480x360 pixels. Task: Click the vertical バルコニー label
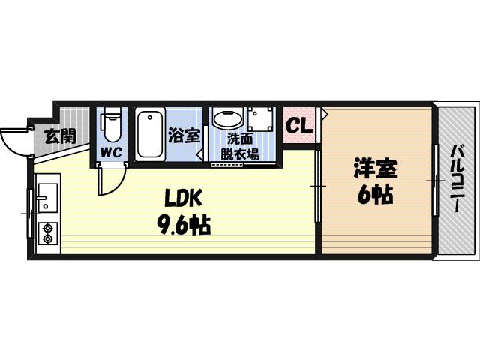coord(456,180)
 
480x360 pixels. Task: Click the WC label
coord(111,152)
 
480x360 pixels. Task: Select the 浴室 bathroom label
coord(184,136)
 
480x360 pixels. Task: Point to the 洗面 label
coord(240,139)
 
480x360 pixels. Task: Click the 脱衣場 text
coord(240,154)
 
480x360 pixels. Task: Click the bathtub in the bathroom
coord(151,134)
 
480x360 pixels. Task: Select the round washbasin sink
coord(227,118)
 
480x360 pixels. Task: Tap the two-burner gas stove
coord(46,233)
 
